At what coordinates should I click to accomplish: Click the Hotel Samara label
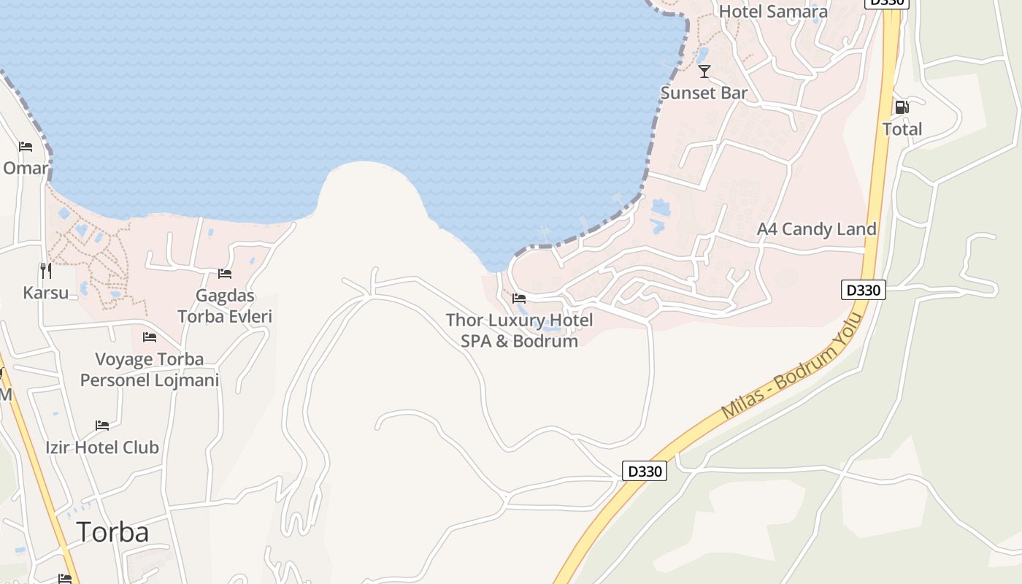click(773, 12)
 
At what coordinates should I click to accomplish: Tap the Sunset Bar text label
click(704, 93)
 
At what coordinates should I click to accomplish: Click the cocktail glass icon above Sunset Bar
click(704, 71)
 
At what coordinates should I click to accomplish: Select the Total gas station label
click(902, 129)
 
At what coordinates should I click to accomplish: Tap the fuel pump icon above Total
click(902, 107)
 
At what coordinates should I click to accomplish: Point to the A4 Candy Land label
click(816, 229)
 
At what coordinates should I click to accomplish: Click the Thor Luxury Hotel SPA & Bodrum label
click(519, 331)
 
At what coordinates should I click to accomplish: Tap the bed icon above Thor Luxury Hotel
click(519, 299)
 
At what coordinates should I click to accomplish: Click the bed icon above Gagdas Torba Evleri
click(225, 274)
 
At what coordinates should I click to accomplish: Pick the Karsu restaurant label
click(45, 293)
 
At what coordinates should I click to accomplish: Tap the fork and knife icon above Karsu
click(46, 271)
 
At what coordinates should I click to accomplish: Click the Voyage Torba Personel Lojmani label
click(150, 369)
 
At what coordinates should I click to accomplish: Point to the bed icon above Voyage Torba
click(150, 337)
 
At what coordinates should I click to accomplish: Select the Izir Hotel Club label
click(102, 447)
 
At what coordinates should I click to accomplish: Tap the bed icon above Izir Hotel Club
click(102, 426)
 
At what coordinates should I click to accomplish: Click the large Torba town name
click(112, 531)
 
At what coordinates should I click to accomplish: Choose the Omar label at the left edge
click(25, 169)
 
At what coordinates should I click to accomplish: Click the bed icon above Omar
click(26, 147)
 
